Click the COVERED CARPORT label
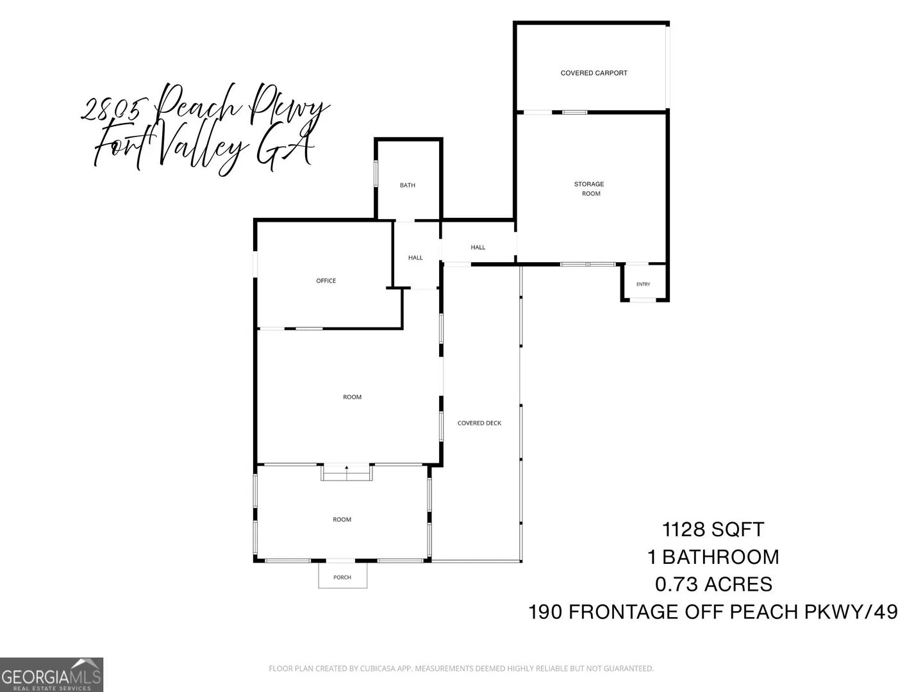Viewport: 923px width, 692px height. pyautogui.click(x=594, y=73)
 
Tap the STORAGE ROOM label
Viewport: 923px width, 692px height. pyautogui.click(x=590, y=188)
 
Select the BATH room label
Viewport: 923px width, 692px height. pyautogui.click(x=408, y=185)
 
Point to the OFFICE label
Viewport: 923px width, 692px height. pyautogui.click(x=326, y=281)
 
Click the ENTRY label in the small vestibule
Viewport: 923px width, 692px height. pyautogui.click(x=643, y=284)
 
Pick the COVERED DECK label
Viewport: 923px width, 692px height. pyautogui.click(x=479, y=423)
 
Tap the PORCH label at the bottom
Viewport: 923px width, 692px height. pyautogui.click(x=342, y=577)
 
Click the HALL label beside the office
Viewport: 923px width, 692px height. pyautogui.click(x=415, y=258)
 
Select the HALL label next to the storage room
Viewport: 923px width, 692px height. pyautogui.click(x=478, y=247)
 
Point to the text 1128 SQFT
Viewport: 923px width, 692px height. pyautogui.click(x=713, y=529)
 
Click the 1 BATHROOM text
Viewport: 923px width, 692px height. pyautogui.click(x=713, y=557)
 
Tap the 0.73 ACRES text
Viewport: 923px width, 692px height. pyautogui.click(x=713, y=584)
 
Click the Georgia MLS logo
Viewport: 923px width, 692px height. pyautogui.click(x=51, y=675)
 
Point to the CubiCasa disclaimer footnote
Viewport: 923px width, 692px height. pyautogui.click(x=462, y=668)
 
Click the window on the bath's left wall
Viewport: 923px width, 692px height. pyautogui.click(x=376, y=174)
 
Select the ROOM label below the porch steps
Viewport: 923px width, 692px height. pyautogui.click(x=342, y=520)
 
